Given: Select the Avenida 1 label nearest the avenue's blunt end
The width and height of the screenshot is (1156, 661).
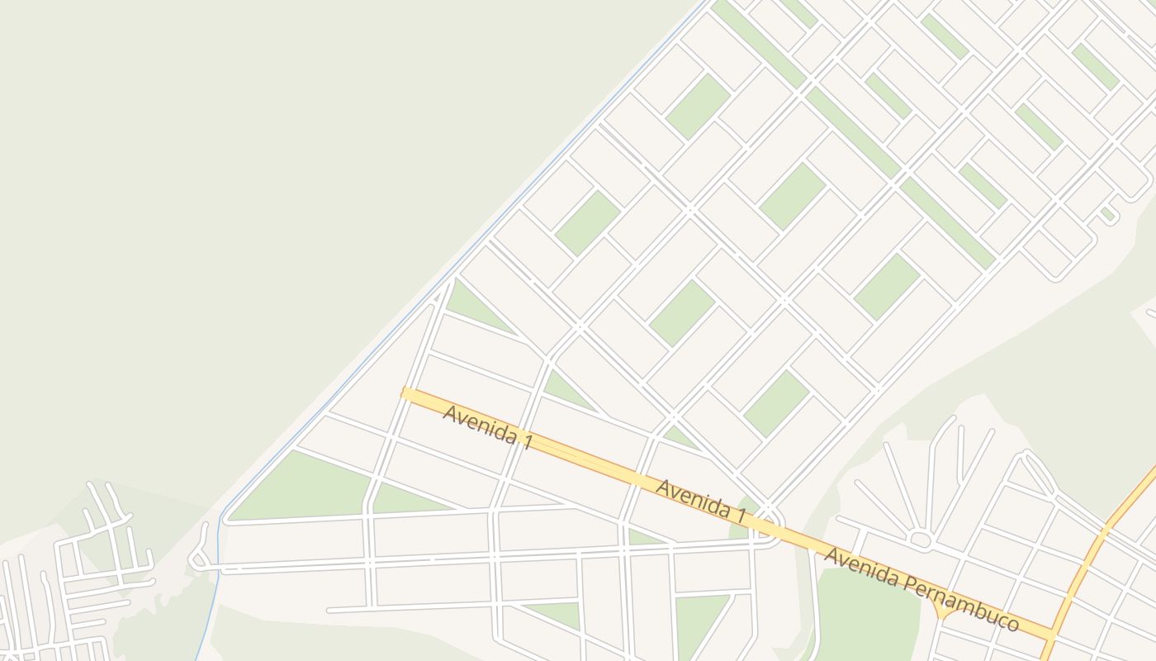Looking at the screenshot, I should pos(487,426).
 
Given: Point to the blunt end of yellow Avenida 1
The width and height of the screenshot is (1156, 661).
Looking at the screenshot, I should pos(405,393).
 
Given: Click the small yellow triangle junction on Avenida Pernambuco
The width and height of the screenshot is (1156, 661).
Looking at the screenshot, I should pos(942,611).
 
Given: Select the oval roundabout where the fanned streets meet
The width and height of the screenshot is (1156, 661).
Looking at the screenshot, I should pos(920,540).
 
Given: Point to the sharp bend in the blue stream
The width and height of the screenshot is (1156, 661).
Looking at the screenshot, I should pos(221,518).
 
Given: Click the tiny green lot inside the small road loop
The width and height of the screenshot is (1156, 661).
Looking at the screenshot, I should pos(1107,214).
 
